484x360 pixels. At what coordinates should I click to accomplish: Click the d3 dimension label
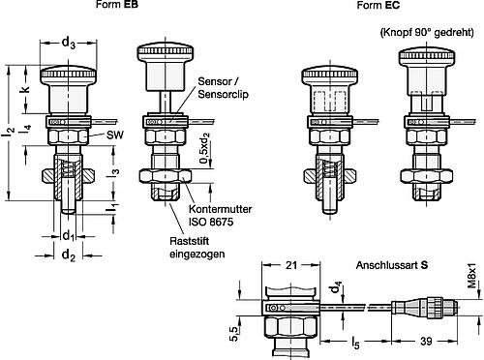click(x=68, y=43)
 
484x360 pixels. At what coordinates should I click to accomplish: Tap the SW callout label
click(x=115, y=135)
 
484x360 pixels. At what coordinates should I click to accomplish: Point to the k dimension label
click(x=25, y=88)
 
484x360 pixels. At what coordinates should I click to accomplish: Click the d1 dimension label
click(x=68, y=235)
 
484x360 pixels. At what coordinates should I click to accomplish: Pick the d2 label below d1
click(x=68, y=255)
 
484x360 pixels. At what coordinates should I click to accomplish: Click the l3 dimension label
click(x=113, y=171)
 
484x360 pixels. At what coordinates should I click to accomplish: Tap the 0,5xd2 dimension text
click(x=205, y=148)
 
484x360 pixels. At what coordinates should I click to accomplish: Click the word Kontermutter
click(x=220, y=209)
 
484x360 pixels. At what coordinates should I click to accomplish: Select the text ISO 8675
click(x=211, y=222)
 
